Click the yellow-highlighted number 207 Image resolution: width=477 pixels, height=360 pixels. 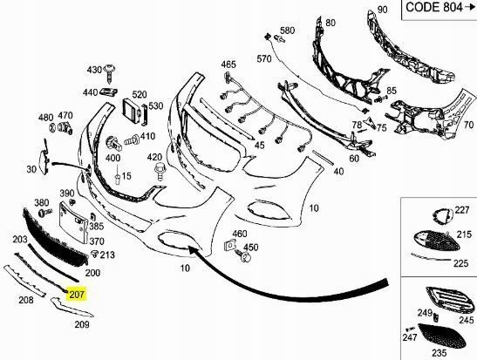pyautogui.click(x=77, y=295)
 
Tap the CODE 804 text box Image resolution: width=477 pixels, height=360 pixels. pyautogui.click(x=440, y=9)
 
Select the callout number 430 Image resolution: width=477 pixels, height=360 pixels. pyautogui.click(x=94, y=70)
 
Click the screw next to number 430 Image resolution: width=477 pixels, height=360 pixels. pyautogui.click(x=110, y=74)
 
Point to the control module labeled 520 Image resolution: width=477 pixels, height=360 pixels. pyautogui.click(x=132, y=111)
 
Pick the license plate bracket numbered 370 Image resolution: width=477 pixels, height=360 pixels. pyautogui.click(x=74, y=223)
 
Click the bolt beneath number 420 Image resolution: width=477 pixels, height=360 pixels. pyautogui.click(x=160, y=172)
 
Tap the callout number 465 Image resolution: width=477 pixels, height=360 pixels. pyautogui.click(x=228, y=65)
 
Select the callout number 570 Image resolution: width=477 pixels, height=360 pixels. pyautogui.click(x=263, y=58)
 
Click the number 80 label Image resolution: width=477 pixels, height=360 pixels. pyautogui.click(x=330, y=23)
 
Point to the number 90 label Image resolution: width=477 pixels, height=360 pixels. pyautogui.click(x=383, y=10)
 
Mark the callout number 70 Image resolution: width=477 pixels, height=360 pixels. pyautogui.click(x=468, y=125)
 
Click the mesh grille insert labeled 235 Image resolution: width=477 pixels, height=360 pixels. pyautogui.click(x=442, y=336)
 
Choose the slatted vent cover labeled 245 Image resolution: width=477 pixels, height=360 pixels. pyautogui.click(x=450, y=301)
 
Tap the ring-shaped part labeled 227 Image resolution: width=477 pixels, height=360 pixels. pyautogui.click(x=442, y=216)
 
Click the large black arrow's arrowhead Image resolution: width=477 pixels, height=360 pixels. pyautogui.click(x=194, y=250)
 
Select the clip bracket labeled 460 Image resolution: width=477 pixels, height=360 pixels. pyautogui.click(x=230, y=245)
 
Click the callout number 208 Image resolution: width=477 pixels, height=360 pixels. pyautogui.click(x=26, y=300)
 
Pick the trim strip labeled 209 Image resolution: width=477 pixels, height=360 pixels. pyautogui.click(x=72, y=308)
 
